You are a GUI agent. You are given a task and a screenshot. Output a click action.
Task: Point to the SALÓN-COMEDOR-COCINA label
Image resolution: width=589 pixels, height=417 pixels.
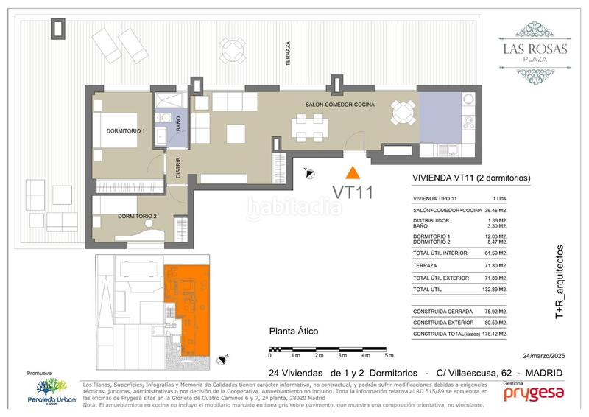(340, 105)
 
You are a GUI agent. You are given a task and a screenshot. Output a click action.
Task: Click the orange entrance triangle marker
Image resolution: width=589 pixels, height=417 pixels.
(353, 172)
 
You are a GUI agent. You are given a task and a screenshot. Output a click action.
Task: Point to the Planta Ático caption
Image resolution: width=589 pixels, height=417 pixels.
(294, 332)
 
